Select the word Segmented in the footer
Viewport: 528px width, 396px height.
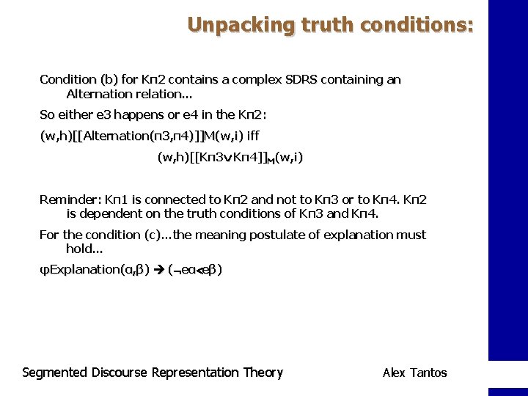click(x=55, y=373)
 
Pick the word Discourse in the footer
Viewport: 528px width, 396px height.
click(x=120, y=373)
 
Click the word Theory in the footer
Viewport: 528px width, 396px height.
click(x=263, y=373)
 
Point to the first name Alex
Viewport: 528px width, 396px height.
click(x=393, y=373)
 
